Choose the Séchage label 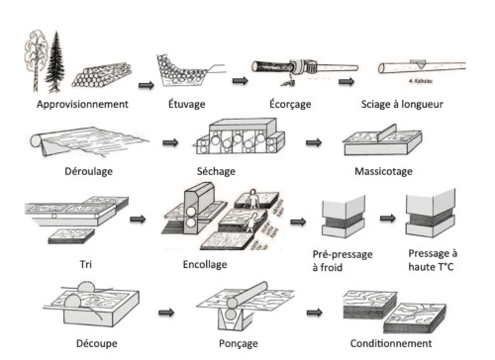click(x=232, y=170)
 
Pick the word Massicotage click(x=384, y=170)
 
